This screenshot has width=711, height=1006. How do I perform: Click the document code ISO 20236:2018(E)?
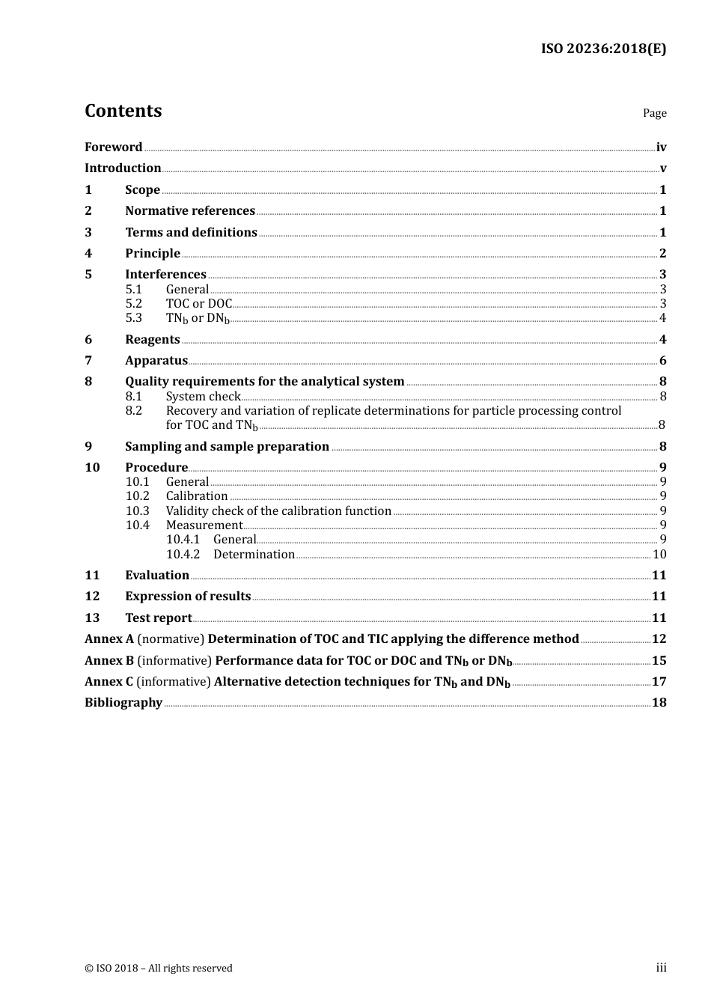[603, 49]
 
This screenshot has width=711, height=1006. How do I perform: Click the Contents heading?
[123, 111]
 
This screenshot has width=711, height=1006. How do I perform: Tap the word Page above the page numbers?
[654, 113]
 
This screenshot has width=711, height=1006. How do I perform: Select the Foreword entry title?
[113, 147]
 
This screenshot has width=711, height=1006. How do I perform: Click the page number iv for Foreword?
[661, 147]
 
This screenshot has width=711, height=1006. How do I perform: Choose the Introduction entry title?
[123, 168]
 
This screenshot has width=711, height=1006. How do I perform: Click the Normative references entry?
[190, 211]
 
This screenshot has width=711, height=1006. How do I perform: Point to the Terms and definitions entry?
[191, 233]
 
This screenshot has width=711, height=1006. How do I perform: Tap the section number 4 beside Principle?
[88, 254]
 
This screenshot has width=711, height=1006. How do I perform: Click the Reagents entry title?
[153, 340]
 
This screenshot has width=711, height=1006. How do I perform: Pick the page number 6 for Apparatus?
[662, 361]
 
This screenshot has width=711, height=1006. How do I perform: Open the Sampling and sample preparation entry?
[227, 447]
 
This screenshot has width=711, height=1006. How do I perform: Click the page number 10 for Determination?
[659, 555]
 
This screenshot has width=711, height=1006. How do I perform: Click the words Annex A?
[109, 639]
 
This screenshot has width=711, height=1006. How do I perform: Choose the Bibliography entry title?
[123, 703]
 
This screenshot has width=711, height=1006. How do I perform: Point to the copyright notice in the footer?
[159, 969]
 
